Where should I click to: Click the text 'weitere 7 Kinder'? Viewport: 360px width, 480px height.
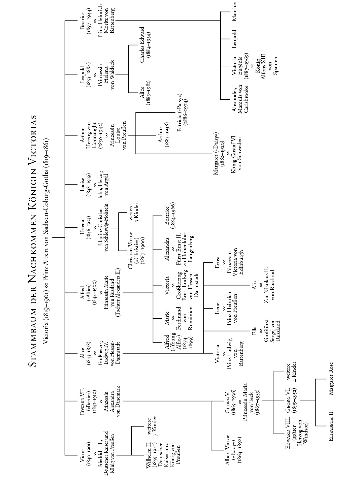click(x=152, y=426)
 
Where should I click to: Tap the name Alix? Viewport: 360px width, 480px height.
click(x=255, y=285)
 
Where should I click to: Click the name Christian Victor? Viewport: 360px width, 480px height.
click(x=131, y=250)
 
